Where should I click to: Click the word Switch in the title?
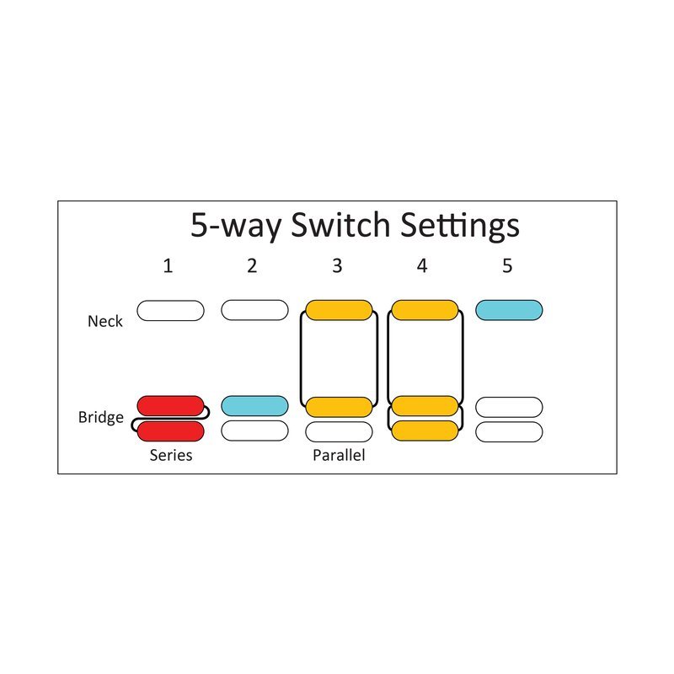(340, 224)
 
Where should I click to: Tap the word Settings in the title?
(459, 226)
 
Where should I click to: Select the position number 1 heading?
(168, 266)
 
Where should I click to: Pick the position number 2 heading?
(252, 266)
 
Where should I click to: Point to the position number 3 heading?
(338, 266)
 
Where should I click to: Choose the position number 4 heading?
(422, 266)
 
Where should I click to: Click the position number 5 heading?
(507, 266)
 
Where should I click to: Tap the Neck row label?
(104, 321)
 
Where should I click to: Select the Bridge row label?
(100, 417)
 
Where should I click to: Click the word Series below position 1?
(171, 455)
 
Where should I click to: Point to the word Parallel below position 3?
(339, 455)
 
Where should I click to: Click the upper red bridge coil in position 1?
(171, 406)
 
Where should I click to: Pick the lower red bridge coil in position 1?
(171, 431)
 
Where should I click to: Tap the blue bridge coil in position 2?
(255, 406)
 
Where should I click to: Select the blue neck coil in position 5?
(509, 310)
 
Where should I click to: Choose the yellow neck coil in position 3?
(339, 310)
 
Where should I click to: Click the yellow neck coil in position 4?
(425, 310)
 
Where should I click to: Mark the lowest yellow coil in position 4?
(425, 431)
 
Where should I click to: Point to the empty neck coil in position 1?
(171, 310)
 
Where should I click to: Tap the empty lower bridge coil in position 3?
(339, 432)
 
